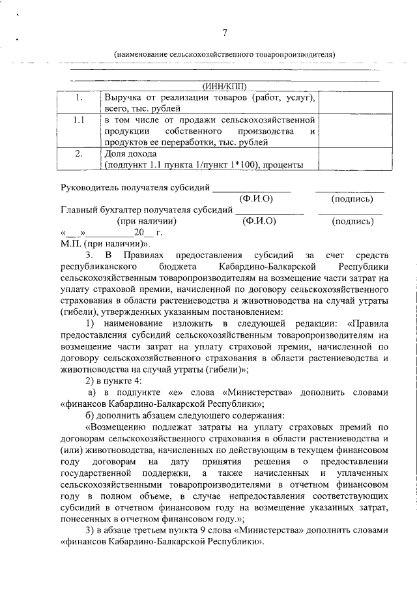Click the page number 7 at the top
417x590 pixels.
225,33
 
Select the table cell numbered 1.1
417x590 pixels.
78,121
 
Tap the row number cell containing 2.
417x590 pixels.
78,154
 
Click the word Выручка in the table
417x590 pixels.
124,98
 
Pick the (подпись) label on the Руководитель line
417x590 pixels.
352,198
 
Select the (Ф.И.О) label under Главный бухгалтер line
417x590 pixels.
259,221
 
